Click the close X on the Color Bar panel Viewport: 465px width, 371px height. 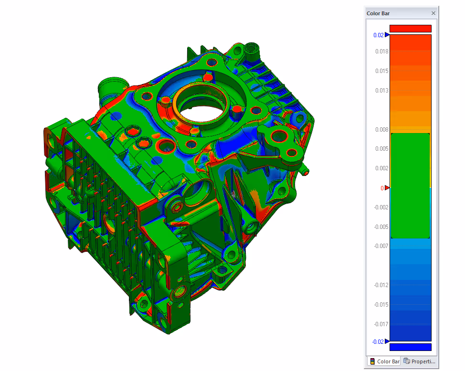[433, 13]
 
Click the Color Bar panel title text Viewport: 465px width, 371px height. [378, 13]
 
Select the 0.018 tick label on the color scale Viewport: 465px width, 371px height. [381, 52]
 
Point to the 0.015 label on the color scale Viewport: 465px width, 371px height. [381, 71]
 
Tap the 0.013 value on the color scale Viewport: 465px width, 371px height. [381, 91]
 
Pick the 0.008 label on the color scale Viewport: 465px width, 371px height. [381, 130]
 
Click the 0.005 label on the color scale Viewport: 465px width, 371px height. [381, 148]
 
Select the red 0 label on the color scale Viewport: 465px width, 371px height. [382, 188]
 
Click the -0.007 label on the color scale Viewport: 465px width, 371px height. [381, 246]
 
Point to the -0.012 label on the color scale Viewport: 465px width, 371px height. [381, 285]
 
